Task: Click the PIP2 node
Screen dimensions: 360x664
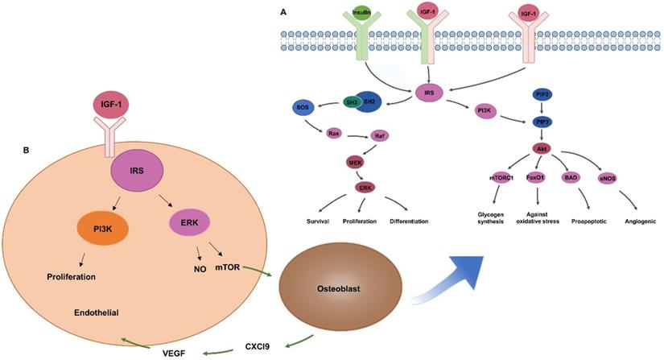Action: [x=519, y=94]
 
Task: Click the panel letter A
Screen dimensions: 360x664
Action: [x=283, y=10]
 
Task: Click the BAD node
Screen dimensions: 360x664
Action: [x=570, y=178]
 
